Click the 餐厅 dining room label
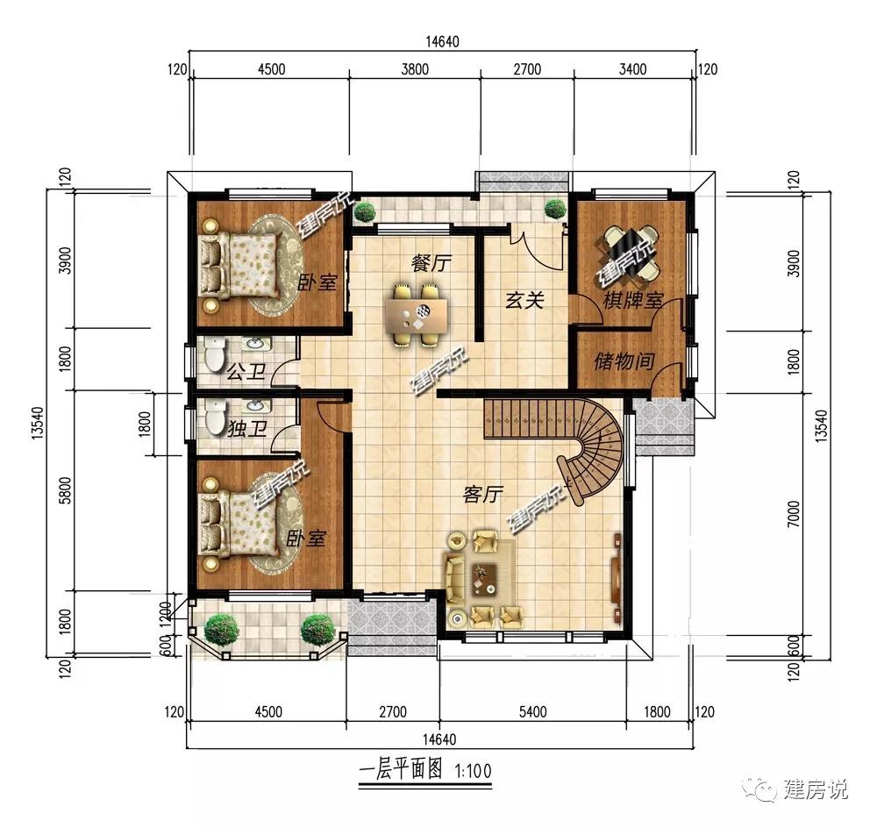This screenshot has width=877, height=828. click(431, 263)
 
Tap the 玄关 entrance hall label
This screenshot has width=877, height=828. click(524, 301)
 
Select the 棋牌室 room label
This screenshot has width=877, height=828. click(632, 301)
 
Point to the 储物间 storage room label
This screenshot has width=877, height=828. click(624, 360)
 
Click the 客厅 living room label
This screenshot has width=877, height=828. click(483, 495)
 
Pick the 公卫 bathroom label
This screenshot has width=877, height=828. click(246, 372)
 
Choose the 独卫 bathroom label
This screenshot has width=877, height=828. click(246, 429)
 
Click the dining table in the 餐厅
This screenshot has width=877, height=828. click(417, 316)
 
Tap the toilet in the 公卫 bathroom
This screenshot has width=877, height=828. click(214, 354)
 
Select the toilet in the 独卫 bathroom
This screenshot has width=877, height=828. click(214, 417)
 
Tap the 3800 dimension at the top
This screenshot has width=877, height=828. click(415, 69)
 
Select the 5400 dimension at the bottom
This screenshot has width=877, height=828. click(532, 711)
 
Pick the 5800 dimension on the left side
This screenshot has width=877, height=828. click(66, 490)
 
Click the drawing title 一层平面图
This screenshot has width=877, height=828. click(401, 770)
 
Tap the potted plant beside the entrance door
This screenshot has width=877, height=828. click(555, 210)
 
